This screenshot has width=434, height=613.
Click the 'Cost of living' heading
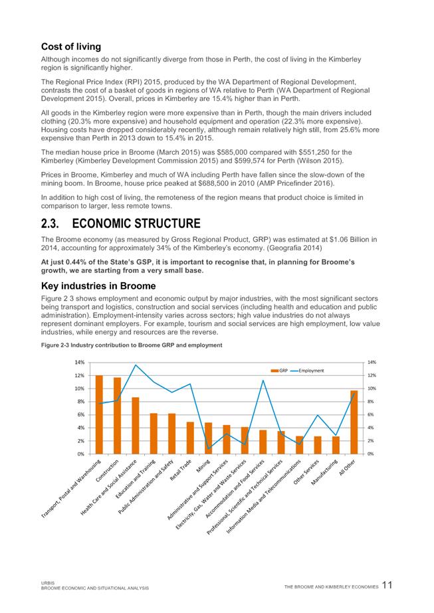(x=71, y=46)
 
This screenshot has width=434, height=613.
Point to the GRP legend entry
(x=279, y=370)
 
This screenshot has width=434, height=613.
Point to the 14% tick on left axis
(x=79, y=363)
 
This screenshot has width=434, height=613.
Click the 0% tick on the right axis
(x=371, y=454)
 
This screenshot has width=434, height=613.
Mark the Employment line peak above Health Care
(x=136, y=365)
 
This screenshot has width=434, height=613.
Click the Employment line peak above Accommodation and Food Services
(x=263, y=381)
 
